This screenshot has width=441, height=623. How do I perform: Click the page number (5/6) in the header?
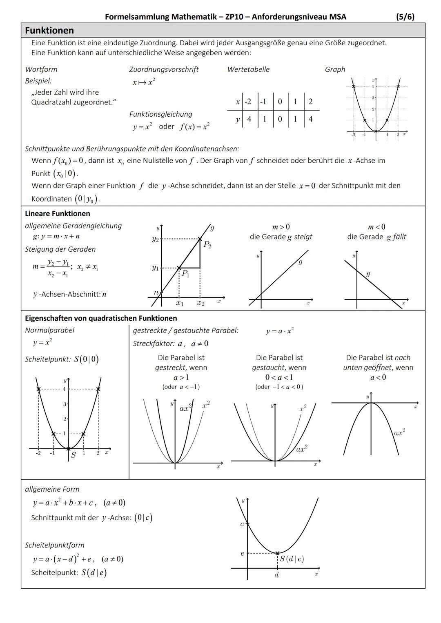click(405, 17)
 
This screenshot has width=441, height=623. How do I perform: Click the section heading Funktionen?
click(49, 31)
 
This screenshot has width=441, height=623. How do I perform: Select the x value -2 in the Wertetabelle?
click(247, 102)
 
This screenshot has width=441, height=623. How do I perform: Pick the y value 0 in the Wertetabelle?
click(280, 119)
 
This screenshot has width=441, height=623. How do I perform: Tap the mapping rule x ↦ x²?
click(144, 82)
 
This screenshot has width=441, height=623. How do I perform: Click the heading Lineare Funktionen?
click(58, 213)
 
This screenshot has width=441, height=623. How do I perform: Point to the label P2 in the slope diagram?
click(207, 245)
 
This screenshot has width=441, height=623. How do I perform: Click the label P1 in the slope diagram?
click(185, 274)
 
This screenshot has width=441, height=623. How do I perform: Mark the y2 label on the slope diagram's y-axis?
click(155, 239)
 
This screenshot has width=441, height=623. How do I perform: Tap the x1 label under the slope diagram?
click(180, 303)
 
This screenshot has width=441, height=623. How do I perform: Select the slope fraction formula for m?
click(57, 268)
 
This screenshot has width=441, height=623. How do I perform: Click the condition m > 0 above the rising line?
click(281, 227)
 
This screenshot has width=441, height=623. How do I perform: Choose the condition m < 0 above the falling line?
click(376, 227)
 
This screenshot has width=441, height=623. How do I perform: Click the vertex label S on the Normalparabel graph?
click(73, 455)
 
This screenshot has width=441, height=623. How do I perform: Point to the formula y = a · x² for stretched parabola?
click(280, 331)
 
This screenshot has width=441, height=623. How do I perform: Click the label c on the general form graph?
click(242, 524)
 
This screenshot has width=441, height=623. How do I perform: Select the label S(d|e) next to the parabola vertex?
click(292, 559)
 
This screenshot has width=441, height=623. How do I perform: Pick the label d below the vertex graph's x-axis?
click(276, 575)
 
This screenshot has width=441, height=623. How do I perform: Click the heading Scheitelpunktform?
click(55, 545)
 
